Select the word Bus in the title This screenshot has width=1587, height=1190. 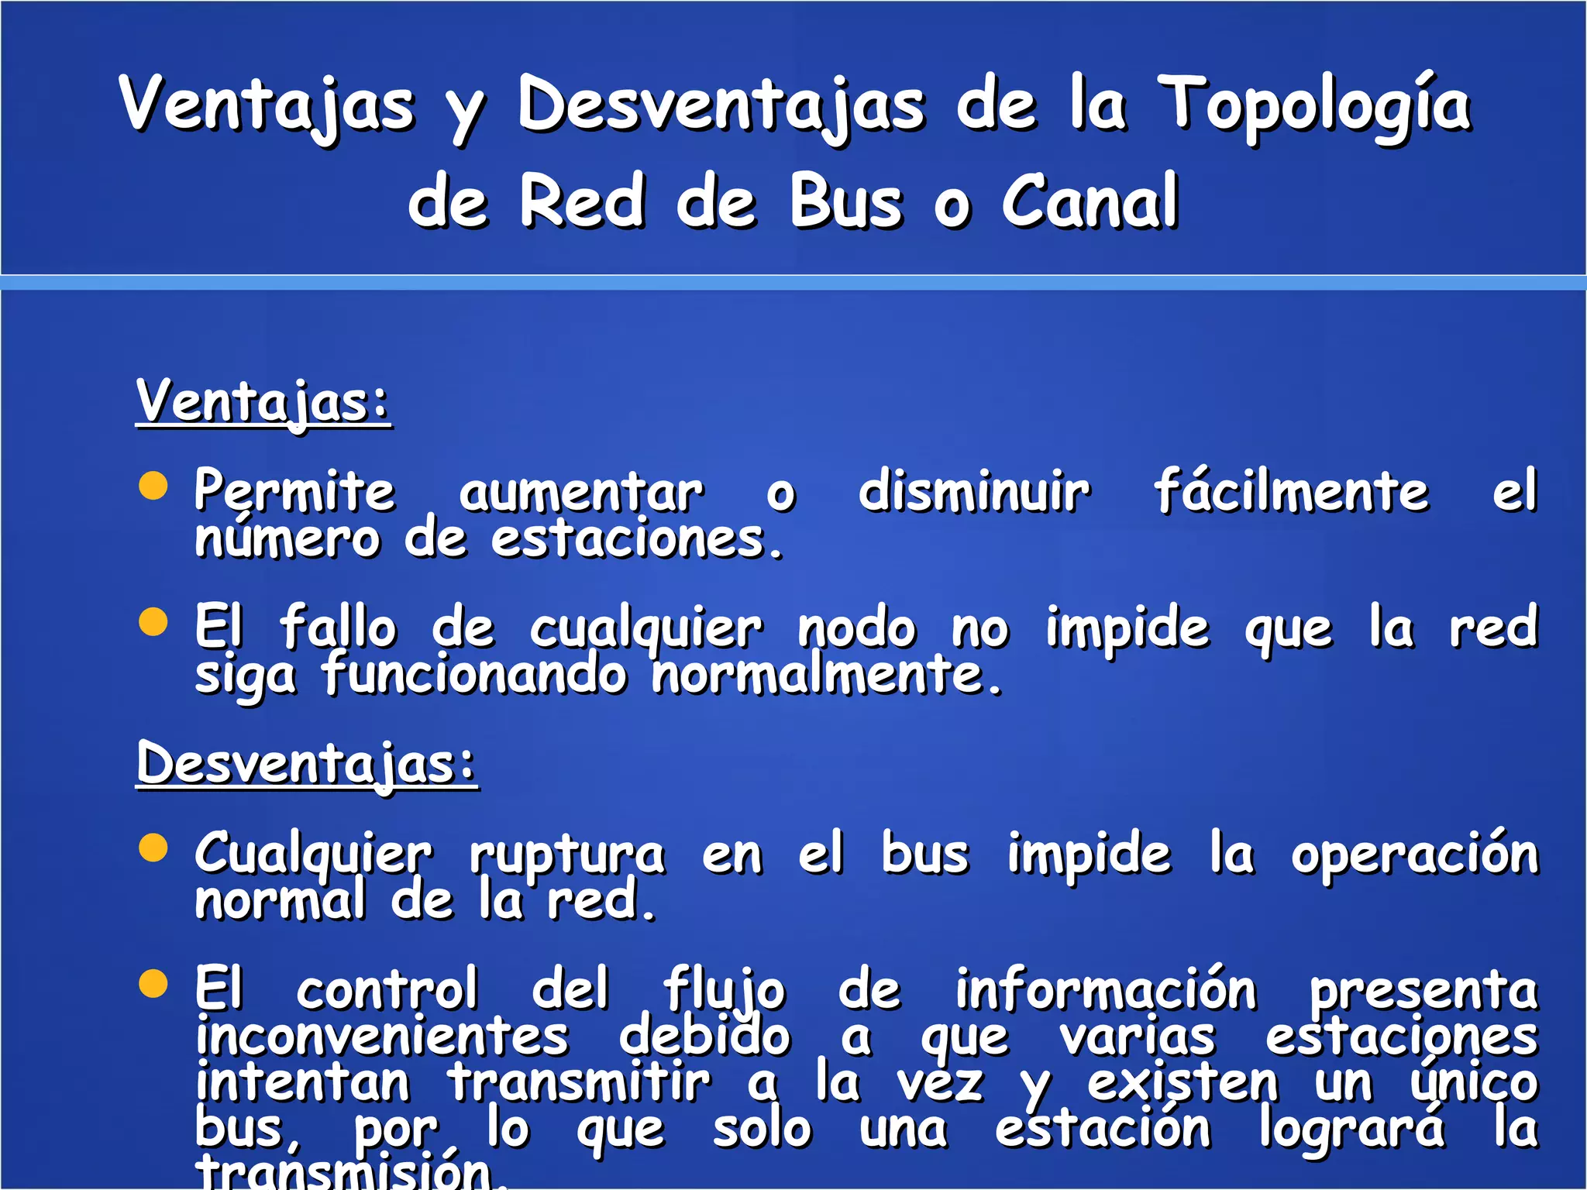coord(846,202)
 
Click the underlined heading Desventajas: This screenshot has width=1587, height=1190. coord(307,764)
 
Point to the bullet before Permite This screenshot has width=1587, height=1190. coord(153,487)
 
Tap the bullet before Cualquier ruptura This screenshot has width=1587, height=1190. coord(153,848)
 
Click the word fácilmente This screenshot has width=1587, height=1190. coord(1291,491)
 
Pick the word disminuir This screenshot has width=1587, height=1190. coord(974,491)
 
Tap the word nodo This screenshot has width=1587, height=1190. coord(857,628)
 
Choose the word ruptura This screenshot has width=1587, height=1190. coord(567,855)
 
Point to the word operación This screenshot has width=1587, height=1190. coord(1414,854)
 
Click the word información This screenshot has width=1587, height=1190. coord(1105,990)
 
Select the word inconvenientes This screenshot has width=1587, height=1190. coord(382,1037)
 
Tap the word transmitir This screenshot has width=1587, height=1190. coord(578,1082)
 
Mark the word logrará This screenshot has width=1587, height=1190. coord(1351,1129)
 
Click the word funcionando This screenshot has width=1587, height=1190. coord(474,674)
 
